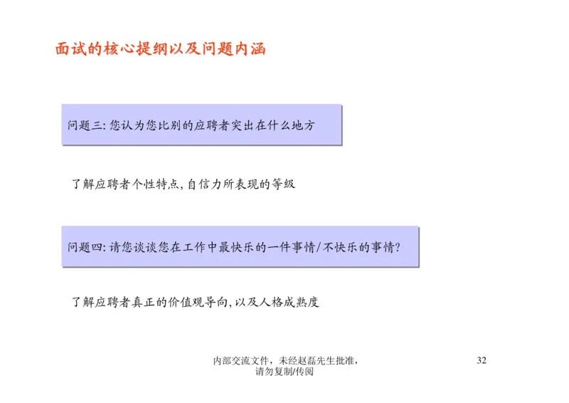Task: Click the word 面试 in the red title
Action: click(70, 50)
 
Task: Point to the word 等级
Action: click(283, 184)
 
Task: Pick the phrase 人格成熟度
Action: click(289, 302)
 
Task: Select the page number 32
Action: click(482, 360)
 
